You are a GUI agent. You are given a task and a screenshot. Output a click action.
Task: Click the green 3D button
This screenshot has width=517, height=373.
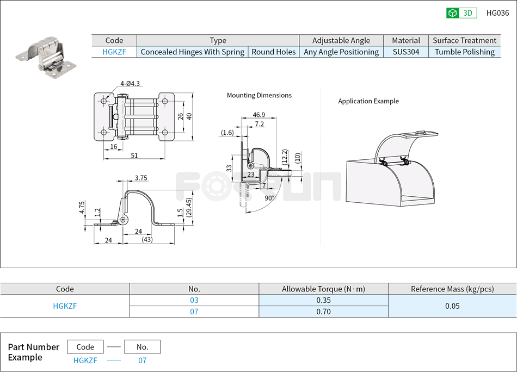point(461,13)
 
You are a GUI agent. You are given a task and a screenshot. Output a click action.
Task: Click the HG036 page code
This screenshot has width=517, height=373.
point(497,13)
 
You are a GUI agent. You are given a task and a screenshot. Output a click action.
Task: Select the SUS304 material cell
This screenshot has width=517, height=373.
point(406,52)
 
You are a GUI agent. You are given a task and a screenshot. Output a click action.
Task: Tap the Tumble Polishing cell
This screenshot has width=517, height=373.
point(465,52)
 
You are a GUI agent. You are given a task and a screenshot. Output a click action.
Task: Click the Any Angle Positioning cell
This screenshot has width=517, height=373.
point(341,52)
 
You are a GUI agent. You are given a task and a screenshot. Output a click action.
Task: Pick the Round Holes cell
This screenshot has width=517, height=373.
point(274,52)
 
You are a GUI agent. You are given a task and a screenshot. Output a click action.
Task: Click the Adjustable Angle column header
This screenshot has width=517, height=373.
point(341,40)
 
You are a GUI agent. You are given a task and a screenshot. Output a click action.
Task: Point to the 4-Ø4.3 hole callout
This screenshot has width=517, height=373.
point(131,83)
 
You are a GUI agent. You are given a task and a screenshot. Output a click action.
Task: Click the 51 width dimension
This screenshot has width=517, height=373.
point(134,156)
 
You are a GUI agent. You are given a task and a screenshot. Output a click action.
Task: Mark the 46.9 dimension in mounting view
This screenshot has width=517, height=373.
point(259,115)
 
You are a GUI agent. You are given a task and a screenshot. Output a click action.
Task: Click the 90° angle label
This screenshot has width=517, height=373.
point(269,198)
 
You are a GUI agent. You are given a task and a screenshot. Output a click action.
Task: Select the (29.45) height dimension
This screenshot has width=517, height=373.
point(188,208)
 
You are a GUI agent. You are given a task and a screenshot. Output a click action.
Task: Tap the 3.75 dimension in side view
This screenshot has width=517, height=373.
point(141,178)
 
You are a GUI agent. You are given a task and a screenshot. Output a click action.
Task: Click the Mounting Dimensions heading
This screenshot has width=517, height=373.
point(259,95)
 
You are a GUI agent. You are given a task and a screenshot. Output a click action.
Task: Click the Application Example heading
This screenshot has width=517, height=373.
point(368,101)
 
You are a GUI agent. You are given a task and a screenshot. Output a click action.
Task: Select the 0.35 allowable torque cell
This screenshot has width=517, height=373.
point(323,300)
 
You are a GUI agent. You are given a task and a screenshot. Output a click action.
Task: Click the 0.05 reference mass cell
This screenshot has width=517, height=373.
point(452,306)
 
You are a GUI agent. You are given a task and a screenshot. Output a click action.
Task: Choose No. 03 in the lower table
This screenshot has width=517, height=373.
point(194,300)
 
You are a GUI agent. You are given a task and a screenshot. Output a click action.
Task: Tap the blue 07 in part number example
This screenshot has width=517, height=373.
point(142,360)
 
